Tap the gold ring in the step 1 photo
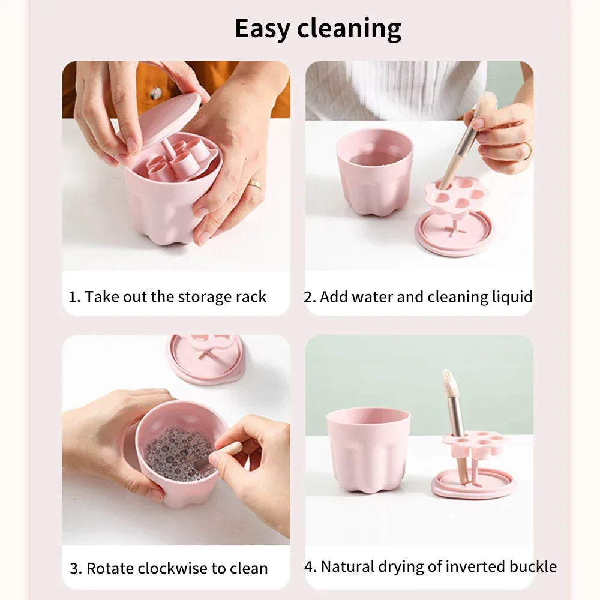click(255, 184)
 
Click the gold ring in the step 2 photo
click(527, 151)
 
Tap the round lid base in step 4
click(474, 485)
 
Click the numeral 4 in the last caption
click(309, 567)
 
